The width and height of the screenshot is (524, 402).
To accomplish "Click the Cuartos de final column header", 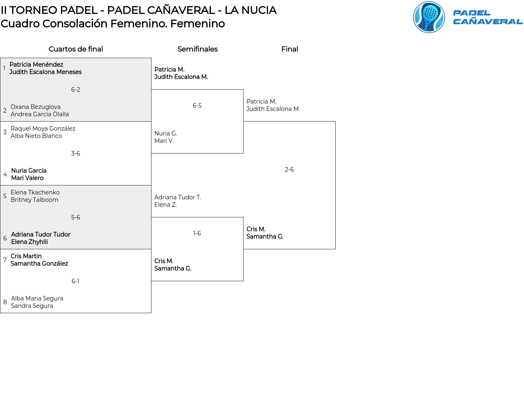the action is (x=75, y=49).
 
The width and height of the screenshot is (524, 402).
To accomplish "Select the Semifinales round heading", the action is (x=197, y=49).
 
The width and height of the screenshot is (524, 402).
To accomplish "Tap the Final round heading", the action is (x=289, y=49).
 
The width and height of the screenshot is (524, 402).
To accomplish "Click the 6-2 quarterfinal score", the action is (x=75, y=90).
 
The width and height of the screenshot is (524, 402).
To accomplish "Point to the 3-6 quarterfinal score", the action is (x=75, y=154).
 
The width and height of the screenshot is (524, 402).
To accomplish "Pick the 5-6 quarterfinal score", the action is (x=75, y=217).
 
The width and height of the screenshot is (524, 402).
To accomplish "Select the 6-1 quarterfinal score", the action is (x=75, y=281).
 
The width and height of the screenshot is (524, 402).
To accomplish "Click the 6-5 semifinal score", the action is (x=197, y=105).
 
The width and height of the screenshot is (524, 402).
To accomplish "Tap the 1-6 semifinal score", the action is (x=197, y=233).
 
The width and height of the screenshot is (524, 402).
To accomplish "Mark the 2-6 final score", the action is (x=289, y=169).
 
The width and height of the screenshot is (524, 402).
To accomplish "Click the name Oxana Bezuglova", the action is (x=36, y=107).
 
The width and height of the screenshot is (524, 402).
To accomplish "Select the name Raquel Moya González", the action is (x=43, y=129).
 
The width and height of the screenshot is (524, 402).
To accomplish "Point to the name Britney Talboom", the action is (x=34, y=200).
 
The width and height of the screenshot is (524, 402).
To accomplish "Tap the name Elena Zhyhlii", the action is (x=29, y=242).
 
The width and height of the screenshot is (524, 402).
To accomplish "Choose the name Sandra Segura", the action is (x=32, y=305).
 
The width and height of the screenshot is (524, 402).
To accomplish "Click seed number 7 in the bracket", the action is (x=5, y=260).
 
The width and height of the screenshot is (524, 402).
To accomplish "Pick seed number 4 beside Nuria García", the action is (x=5, y=174).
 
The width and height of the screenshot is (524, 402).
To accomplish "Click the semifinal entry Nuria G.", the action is (x=166, y=133).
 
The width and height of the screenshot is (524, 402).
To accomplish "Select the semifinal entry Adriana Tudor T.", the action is (x=178, y=197).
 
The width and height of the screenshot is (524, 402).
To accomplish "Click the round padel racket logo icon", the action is (x=429, y=17).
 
